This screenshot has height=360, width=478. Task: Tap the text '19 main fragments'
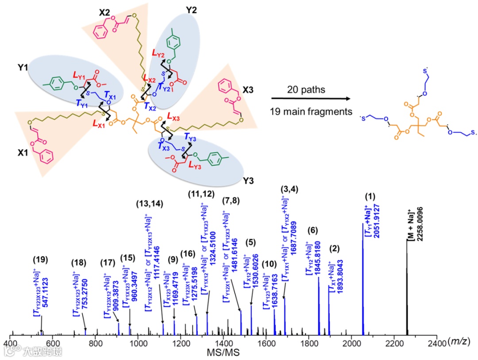pyautogui.click(x=312, y=112)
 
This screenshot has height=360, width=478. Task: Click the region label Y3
pyautogui.click(x=248, y=182)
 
